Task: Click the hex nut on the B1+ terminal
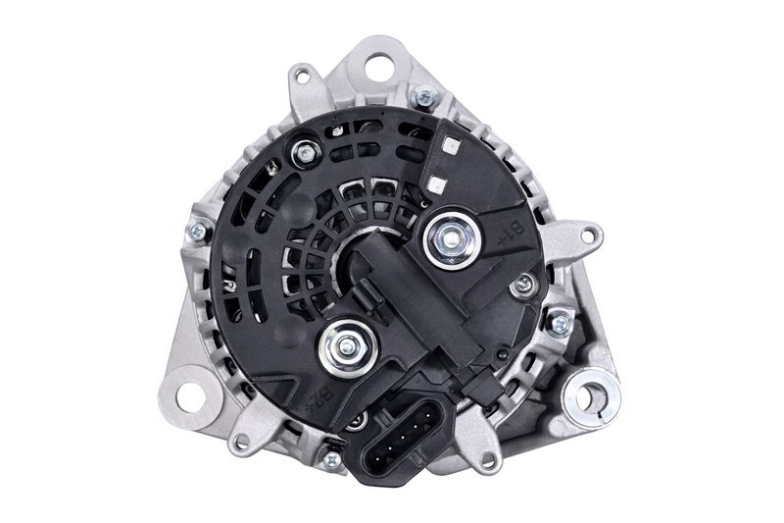pyautogui.click(x=452, y=239)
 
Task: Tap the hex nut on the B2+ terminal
pyautogui.click(x=347, y=346)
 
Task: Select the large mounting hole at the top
pyautogui.click(x=380, y=66)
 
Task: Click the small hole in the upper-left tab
pyautogui.click(x=301, y=77)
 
